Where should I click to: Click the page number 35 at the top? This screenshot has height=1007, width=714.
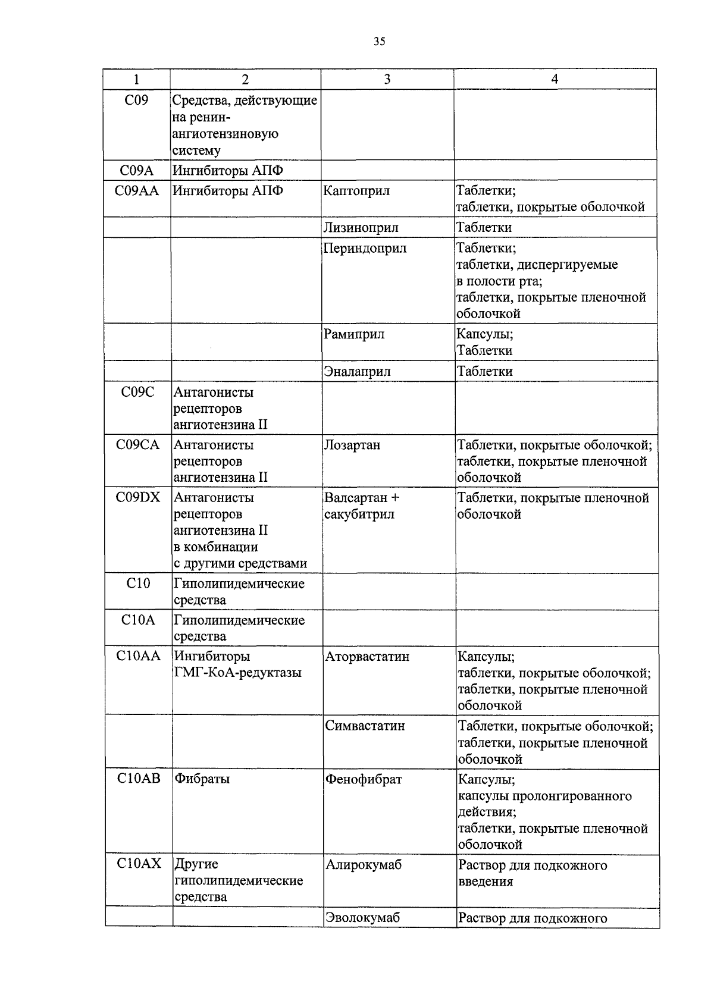tap(380, 41)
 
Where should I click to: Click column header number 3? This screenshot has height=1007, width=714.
tap(387, 79)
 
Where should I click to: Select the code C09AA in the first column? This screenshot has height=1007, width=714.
tap(137, 191)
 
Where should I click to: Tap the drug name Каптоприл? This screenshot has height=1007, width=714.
tap(356, 191)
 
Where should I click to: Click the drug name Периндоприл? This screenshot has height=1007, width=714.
tap(365, 248)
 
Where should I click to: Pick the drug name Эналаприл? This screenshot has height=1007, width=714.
tap(357, 372)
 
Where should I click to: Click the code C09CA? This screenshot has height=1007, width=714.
tap(137, 445)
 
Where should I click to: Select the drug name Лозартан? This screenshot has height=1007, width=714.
tap(352, 445)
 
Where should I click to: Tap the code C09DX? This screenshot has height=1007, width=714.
tap(138, 497)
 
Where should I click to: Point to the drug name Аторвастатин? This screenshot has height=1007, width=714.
tap(367, 657)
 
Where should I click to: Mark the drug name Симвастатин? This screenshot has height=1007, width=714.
tap(365, 726)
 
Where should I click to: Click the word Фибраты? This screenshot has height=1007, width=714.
tap(202, 779)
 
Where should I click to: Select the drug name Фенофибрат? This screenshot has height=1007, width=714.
tap(364, 779)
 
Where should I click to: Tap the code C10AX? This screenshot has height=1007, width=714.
tap(139, 864)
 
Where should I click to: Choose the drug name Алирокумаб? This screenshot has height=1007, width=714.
tap(364, 865)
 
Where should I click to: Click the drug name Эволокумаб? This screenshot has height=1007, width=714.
tap(363, 917)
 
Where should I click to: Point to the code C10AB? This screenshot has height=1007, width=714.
tap(139, 779)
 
